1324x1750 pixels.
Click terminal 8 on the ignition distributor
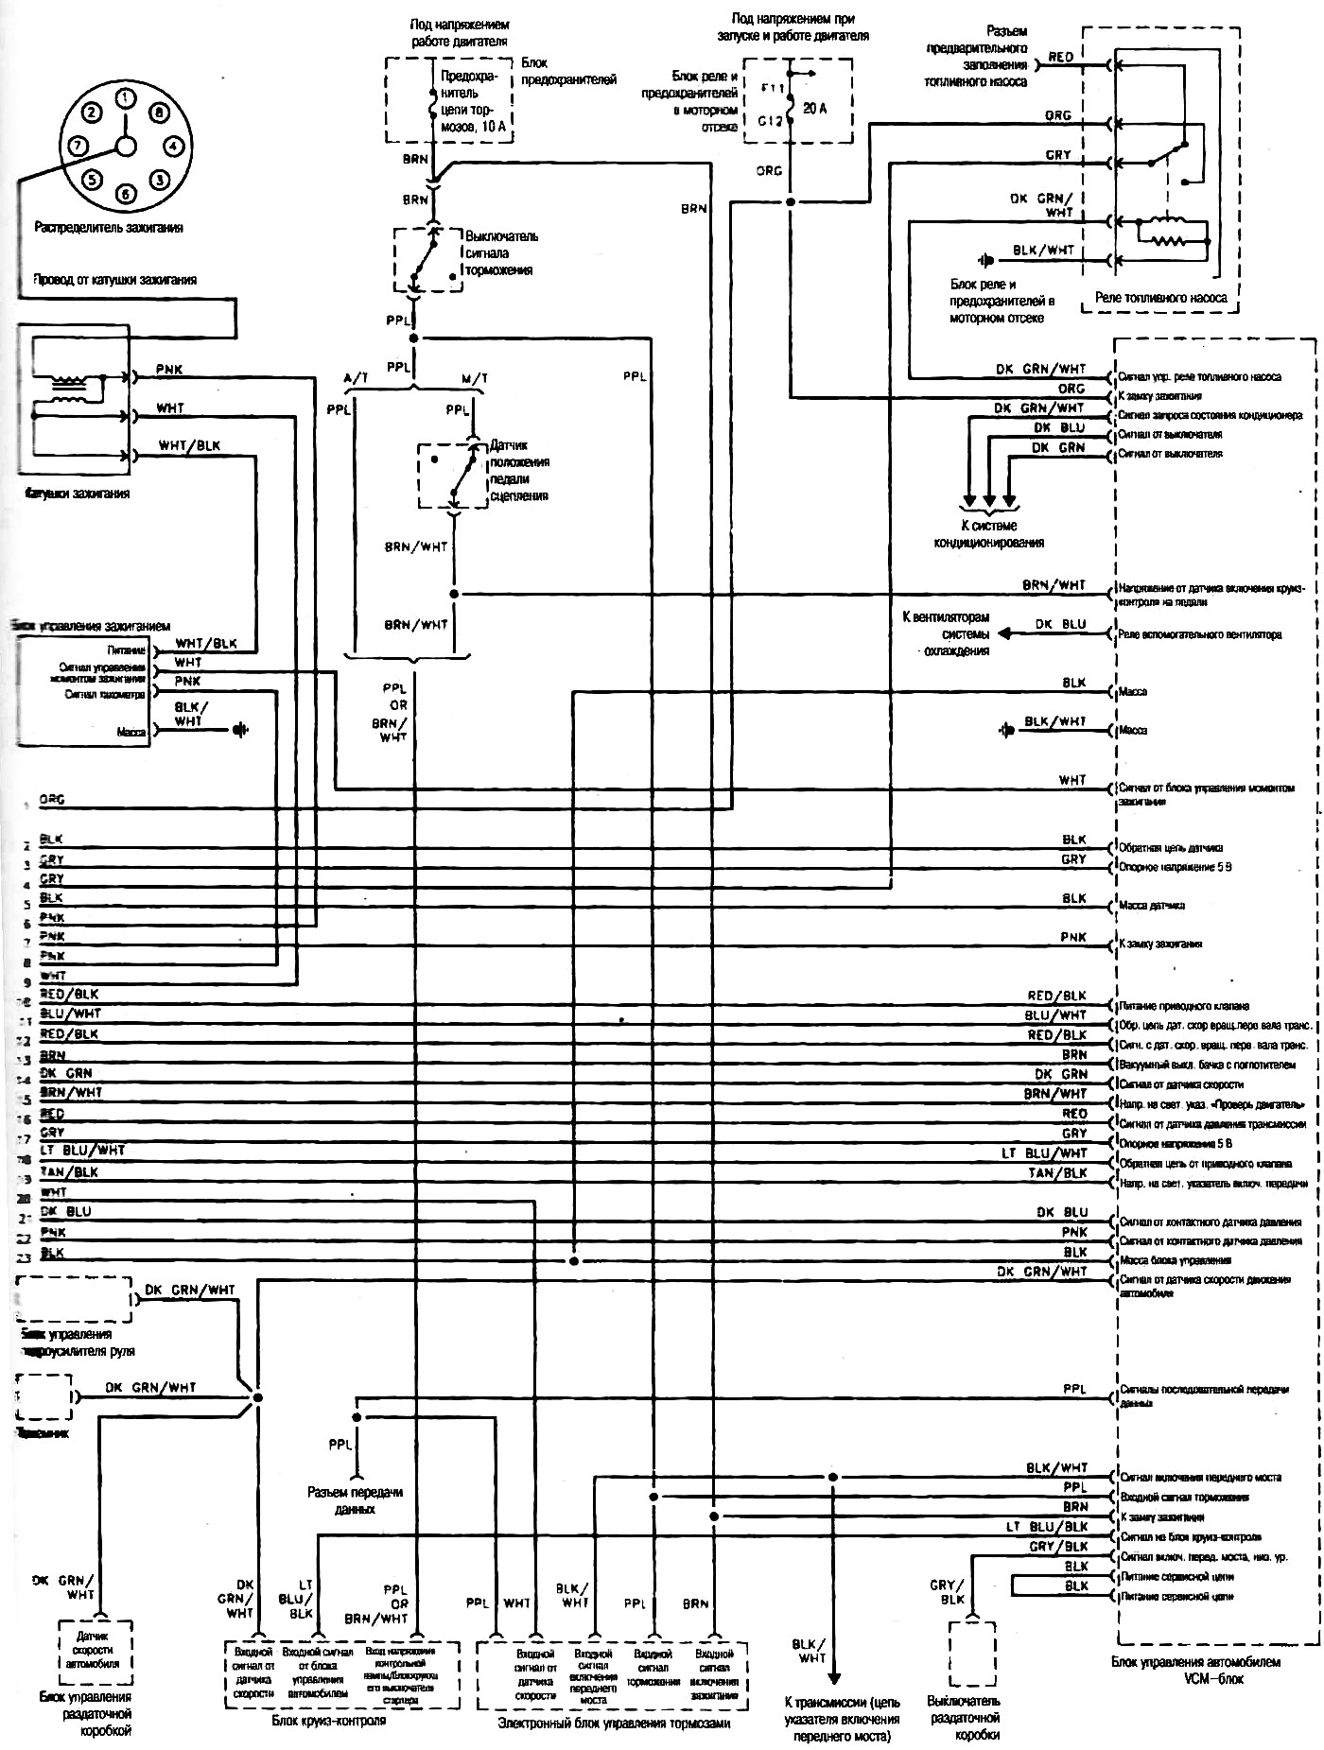[x=158, y=113]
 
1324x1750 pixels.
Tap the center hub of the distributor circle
[x=125, y=146]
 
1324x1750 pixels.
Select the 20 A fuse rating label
[x=814, y=109]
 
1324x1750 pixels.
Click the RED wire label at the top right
[x=1061, y=58]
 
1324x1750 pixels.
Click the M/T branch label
[x=475, y=379]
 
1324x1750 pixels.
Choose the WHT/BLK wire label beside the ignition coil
[x=189, y=445]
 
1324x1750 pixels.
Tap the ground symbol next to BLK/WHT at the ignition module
[x=240, y=730]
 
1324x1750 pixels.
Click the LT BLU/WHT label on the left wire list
[x=83, y=1151]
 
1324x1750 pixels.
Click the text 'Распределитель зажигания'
[x=109, y=228]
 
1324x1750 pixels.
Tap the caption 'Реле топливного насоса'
[x=1160, y=298]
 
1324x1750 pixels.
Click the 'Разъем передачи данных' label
[x=355, y=1500]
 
